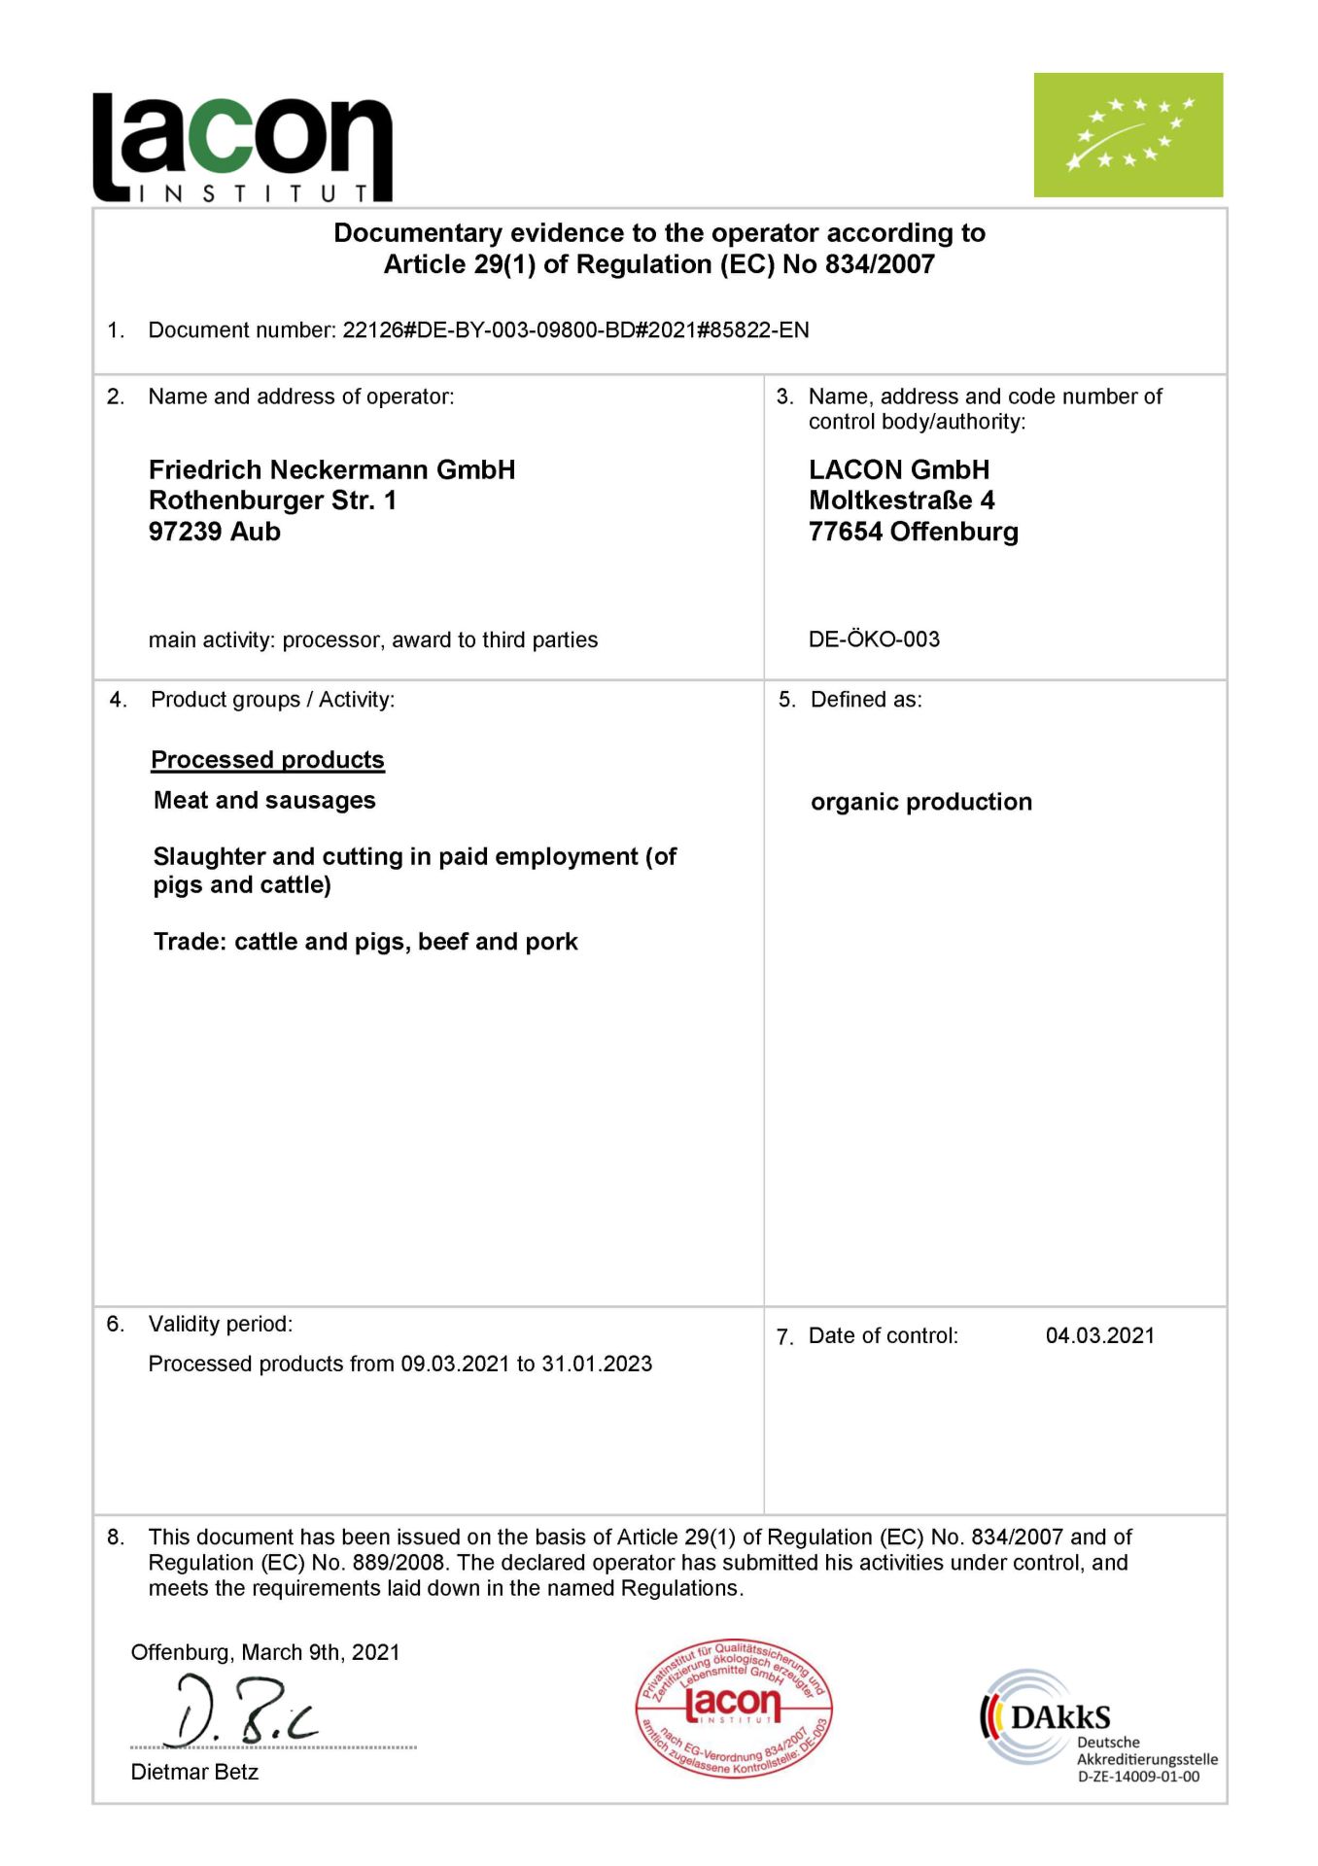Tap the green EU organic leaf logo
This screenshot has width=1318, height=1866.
1127,135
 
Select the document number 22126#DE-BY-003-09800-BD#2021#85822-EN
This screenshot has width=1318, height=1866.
575,330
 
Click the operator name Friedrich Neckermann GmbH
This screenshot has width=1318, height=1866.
331,470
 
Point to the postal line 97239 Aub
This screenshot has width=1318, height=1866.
214,532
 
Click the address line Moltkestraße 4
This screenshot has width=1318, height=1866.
901,501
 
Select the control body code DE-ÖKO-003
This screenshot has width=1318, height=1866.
874,639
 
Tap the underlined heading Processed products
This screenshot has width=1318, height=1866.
267,760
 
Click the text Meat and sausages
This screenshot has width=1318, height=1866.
264,801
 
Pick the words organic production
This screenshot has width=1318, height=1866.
920,802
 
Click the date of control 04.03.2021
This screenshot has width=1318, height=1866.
1099,1335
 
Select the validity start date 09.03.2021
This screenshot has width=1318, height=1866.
455,1364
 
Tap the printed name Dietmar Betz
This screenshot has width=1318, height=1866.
194,1772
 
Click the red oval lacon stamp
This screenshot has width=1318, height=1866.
734,1708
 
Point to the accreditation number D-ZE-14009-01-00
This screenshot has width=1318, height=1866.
1138,1777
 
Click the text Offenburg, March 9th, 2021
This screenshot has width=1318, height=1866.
265,1652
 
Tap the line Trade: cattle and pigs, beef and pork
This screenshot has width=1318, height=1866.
365,942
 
